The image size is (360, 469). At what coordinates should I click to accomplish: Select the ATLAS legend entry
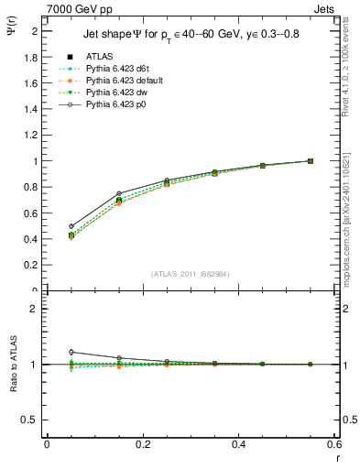[x=98, y=58]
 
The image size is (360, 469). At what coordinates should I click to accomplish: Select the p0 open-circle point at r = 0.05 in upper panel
[x=71, y=226]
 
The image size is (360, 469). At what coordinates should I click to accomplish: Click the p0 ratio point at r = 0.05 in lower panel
[x=71, y=352]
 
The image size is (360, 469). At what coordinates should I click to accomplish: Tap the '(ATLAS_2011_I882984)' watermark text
[x=191, y=274]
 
